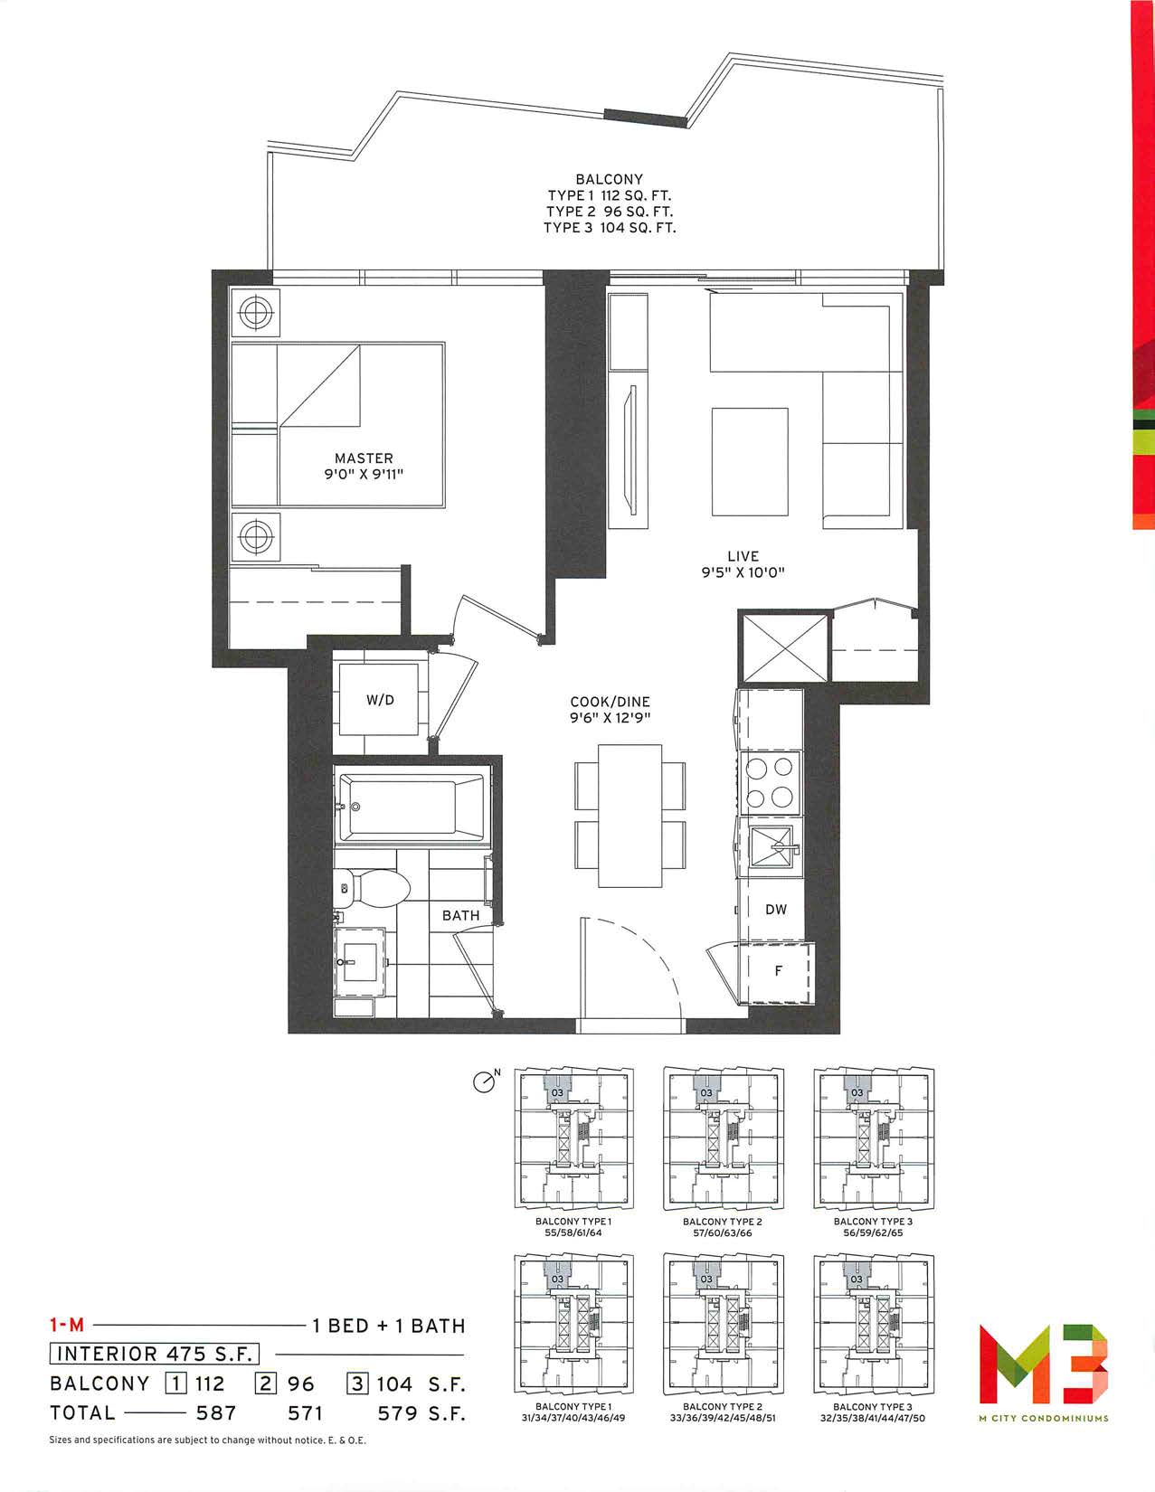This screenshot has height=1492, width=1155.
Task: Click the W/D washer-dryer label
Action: (380, 700)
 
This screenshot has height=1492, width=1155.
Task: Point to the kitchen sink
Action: (772, 849)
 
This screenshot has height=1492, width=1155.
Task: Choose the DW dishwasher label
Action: (776, 909)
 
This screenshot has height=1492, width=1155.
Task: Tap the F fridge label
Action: (778, 971)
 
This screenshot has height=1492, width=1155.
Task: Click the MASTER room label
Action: (364, 458)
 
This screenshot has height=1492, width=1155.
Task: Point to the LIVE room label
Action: (743, 556)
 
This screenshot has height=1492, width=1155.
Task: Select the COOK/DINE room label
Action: (610, 702)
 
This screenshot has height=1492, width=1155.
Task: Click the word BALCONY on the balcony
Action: (609, 180)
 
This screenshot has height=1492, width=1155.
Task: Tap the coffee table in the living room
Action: (750, 461)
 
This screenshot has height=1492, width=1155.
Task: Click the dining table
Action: (630, 816)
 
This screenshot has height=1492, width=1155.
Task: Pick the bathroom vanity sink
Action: (360, 961)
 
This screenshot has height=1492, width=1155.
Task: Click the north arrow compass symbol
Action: (484, 1082)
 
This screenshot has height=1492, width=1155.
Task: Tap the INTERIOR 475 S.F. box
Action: (155, 1354)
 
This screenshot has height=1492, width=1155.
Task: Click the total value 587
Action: (216, 1412)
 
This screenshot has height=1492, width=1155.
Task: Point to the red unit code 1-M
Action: (67, 1325)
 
